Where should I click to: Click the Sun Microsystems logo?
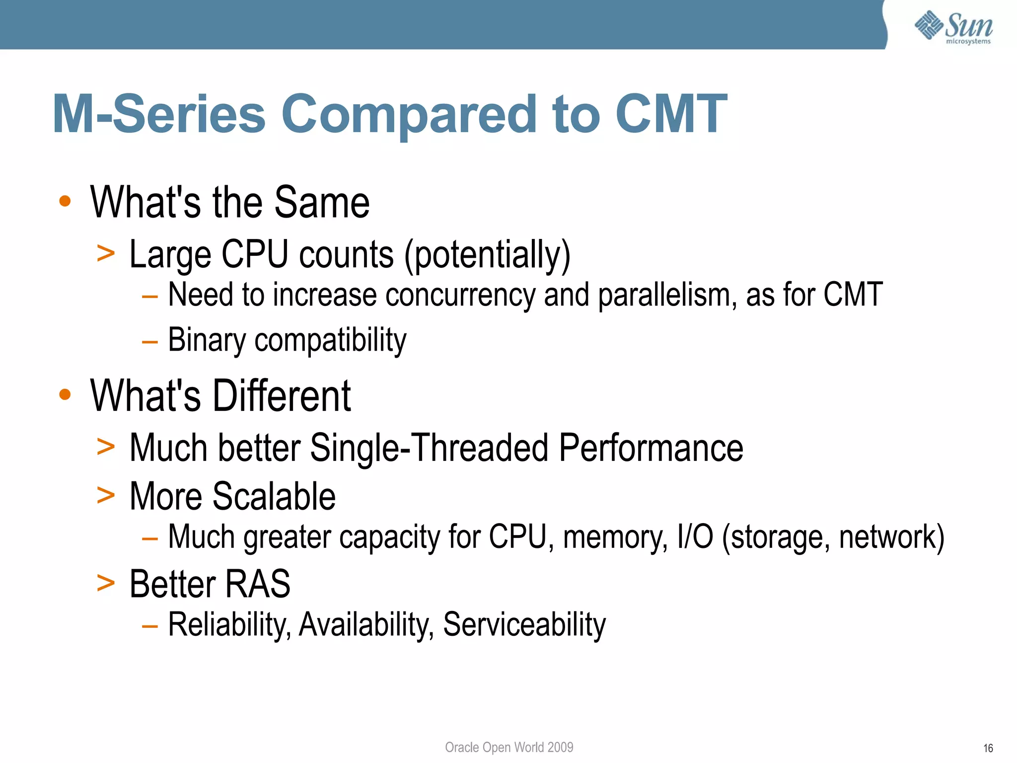[953, 27]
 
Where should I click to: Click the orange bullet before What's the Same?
[65, 202]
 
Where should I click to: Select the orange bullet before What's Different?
[65, 395]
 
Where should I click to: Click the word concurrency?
[460, 295]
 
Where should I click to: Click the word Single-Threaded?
[429, 448]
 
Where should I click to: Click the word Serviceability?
[524, 624]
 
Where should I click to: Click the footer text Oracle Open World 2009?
[508, 747]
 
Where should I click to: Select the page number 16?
[988, 748]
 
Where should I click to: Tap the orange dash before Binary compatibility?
[149, 342]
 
